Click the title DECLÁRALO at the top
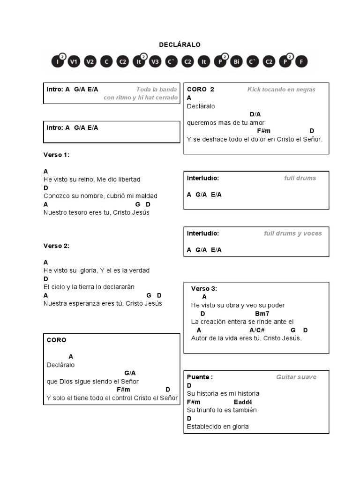tap(180, 45)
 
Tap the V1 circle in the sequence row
tap(74, 61)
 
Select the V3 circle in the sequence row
tap(155, 61)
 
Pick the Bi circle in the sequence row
tap(236, 61)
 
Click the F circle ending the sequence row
tap(301, 61)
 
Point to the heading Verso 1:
tap(56, 155)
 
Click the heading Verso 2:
tap(56, 246)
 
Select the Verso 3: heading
tap(204, 289)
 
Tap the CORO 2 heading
tap(200, 90)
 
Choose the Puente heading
tap(200, 377)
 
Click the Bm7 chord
tap(262, 314)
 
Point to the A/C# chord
tap(257, 330)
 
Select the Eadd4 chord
tap(243, 402)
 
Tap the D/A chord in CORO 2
tap(255, 114)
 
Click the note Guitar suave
tap(296, 377)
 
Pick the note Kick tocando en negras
tap(281, 90)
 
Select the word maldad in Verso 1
tap(145, 196)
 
